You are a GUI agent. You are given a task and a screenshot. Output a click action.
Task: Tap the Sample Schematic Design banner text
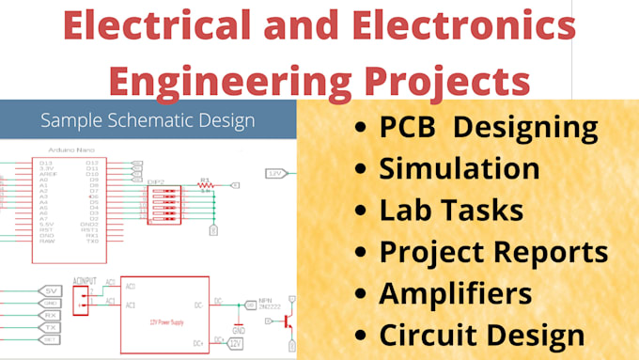point(148,120)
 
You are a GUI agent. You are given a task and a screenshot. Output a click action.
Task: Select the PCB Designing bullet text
point(489,129)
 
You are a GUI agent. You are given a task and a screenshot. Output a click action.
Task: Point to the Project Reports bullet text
point(493,252)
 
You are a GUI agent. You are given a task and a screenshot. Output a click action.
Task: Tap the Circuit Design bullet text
point(482,334)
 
